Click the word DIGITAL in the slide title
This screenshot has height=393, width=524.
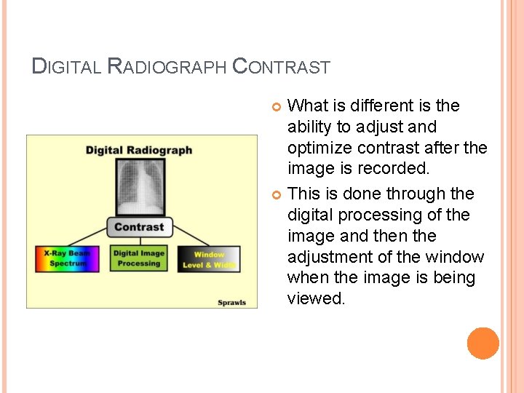[68, 68]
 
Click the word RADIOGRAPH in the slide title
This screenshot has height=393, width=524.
[167, 68]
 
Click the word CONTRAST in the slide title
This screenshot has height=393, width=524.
[281, 68]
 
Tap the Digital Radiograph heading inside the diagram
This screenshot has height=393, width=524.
[139, 150]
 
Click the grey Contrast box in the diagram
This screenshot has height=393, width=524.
[139, 227]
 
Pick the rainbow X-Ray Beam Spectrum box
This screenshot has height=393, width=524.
[68, 258]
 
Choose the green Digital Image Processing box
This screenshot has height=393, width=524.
[138, 259]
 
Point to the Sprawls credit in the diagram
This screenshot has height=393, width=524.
[232, 302]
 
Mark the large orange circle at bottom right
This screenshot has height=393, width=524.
[483, 344]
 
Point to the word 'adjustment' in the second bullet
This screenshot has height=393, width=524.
[330, 257]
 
